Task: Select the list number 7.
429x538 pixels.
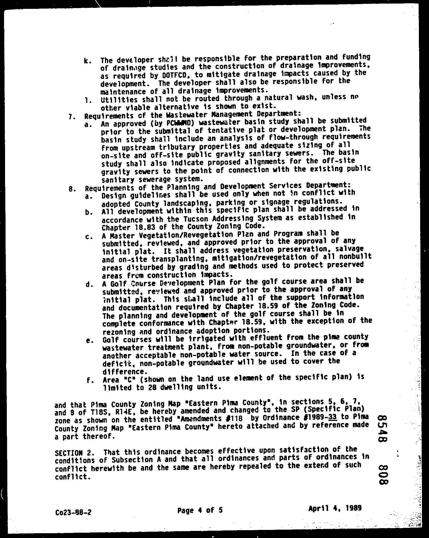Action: [71, 116]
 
